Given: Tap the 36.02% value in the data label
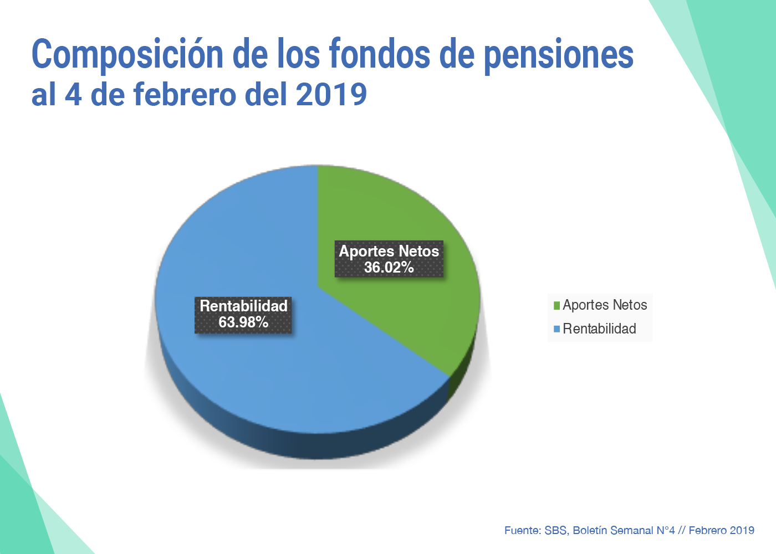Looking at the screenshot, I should [389, 268].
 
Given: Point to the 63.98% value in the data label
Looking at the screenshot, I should [243, 322].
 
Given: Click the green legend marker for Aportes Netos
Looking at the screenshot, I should [557, 305].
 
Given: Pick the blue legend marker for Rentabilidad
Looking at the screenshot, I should [557, 329].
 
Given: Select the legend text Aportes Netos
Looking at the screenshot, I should [605, 305].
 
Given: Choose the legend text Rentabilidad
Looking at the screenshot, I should [599, 329].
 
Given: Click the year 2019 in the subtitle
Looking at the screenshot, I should [331, 94].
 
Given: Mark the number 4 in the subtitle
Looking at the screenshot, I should [73, 94].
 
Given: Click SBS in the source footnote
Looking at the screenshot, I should [555, 531].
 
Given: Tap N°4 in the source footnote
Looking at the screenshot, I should [665, 531].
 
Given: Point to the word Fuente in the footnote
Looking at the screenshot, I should [522, 531].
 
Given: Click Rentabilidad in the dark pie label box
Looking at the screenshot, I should [243, 306].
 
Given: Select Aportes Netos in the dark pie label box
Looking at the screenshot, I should [389, 251].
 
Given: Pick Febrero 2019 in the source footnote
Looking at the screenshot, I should [721, 531].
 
